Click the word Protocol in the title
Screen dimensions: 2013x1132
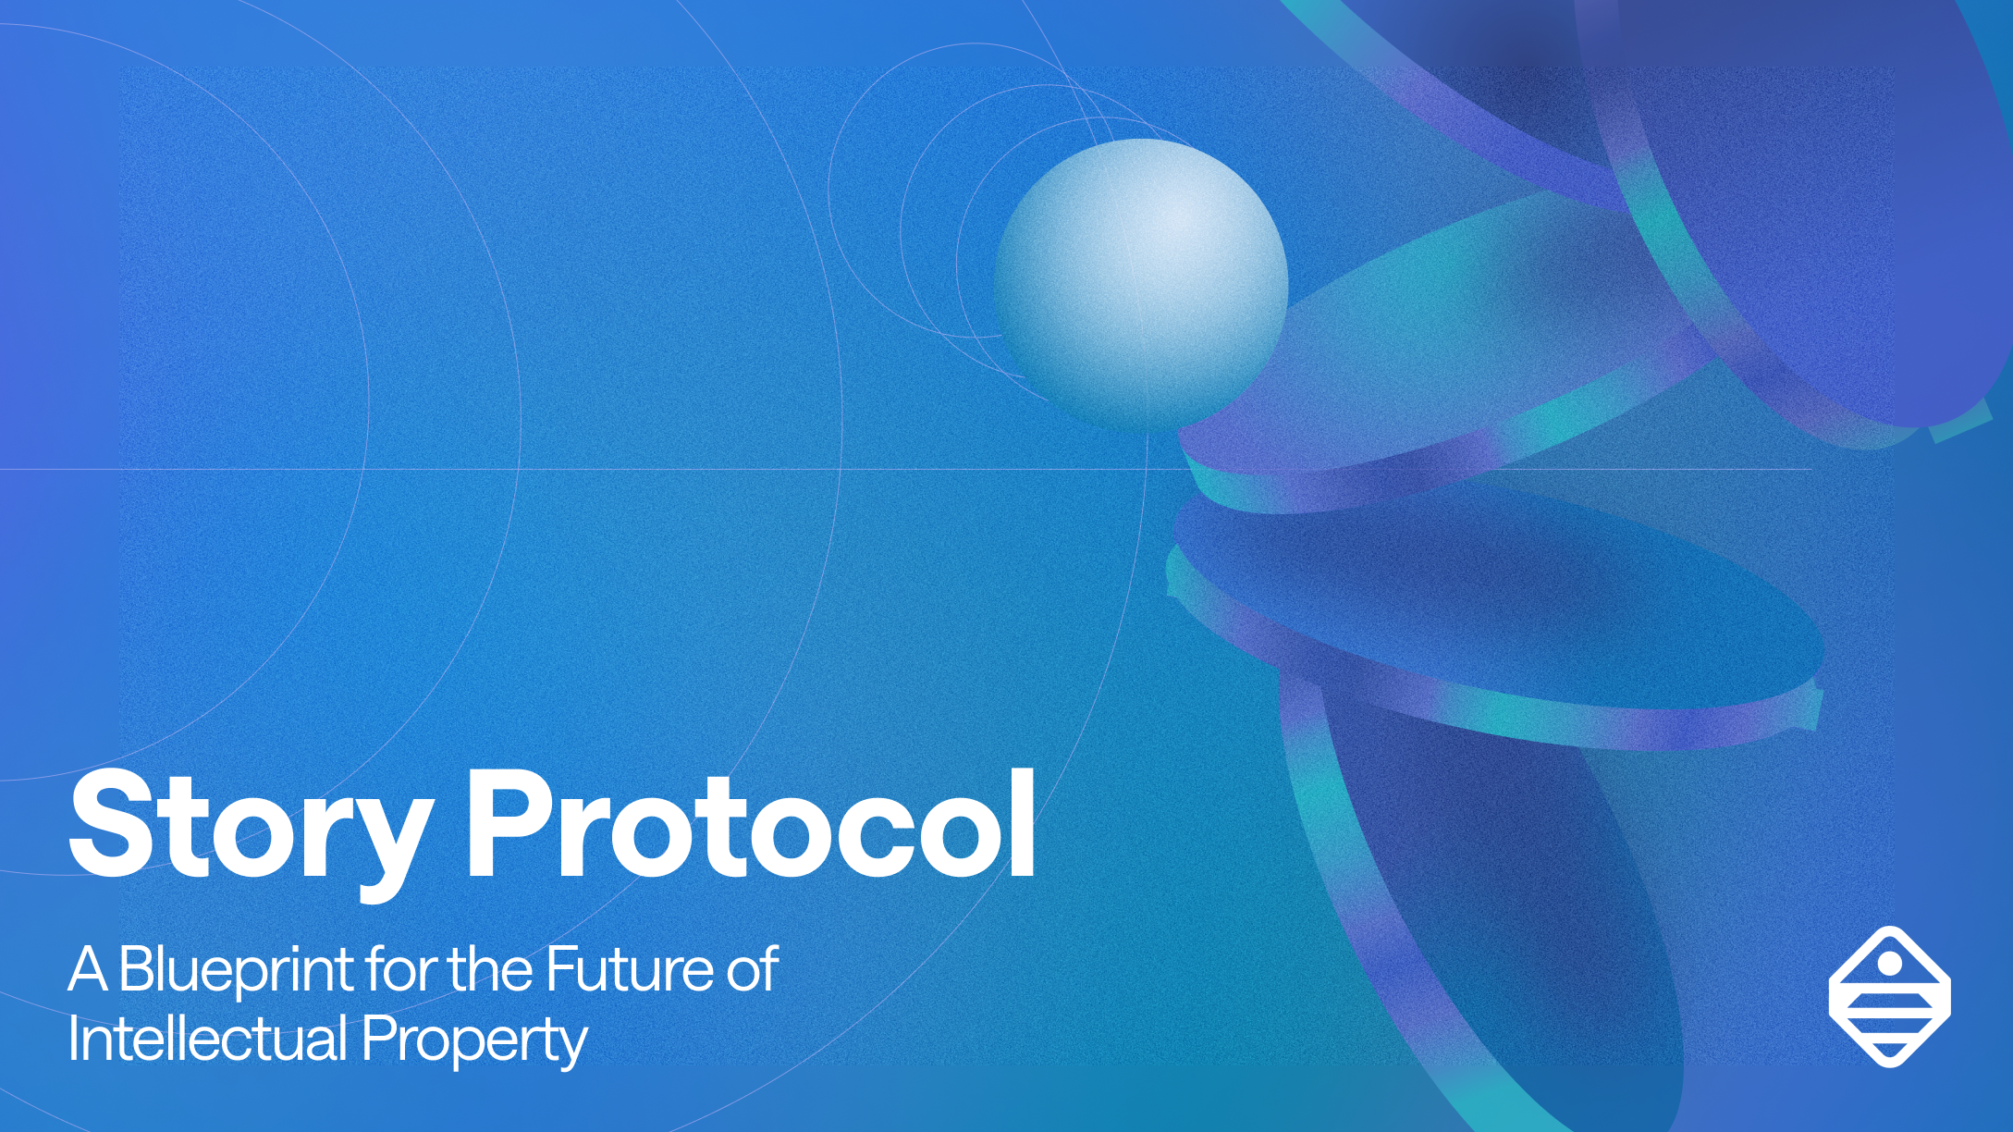click(751, 823)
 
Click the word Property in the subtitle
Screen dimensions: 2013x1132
click(474, 1041)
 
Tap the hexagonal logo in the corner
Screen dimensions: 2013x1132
click(1890, 996)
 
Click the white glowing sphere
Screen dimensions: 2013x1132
click(1141, 283)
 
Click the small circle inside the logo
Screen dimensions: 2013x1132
click(1890, 964)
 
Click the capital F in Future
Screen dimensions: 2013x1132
click(561, 969)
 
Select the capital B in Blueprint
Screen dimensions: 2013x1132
click(136, 969)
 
